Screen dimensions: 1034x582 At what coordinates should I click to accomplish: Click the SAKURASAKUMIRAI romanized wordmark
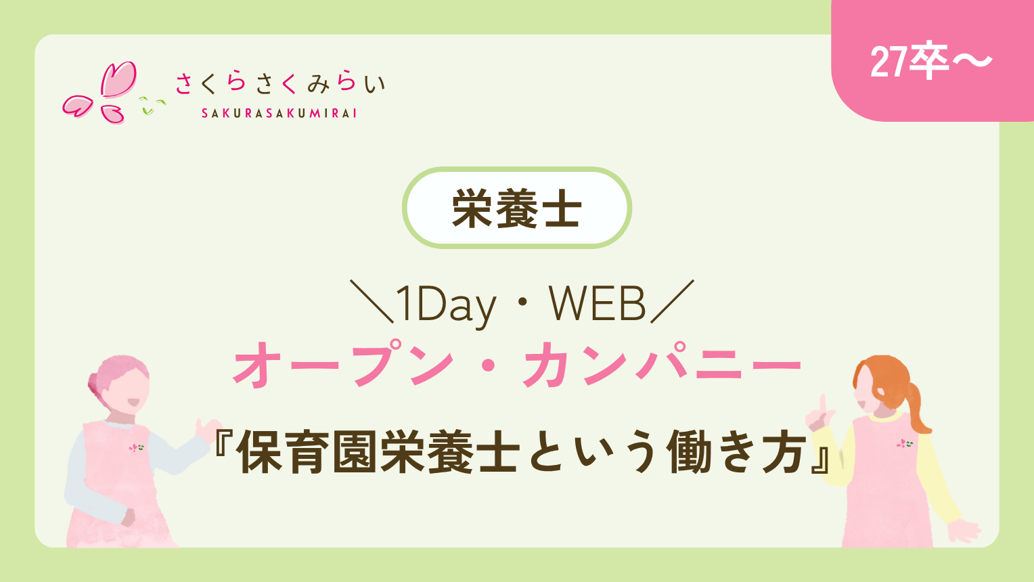[279, 113]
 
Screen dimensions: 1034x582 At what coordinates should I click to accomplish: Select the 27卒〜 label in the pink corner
[930, 62]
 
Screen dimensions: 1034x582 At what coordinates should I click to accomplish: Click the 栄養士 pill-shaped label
[516, 208]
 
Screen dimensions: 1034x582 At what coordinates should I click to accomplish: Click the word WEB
[597, 303]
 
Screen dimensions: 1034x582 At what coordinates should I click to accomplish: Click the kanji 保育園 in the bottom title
[309, 451]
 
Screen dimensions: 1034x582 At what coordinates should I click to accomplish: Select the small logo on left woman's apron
[136, 447]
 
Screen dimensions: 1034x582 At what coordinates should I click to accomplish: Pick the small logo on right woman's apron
[905, 443]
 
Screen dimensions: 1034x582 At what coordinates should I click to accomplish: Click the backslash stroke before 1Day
[372, 301]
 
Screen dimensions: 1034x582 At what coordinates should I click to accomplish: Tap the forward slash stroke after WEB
[672, 301]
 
